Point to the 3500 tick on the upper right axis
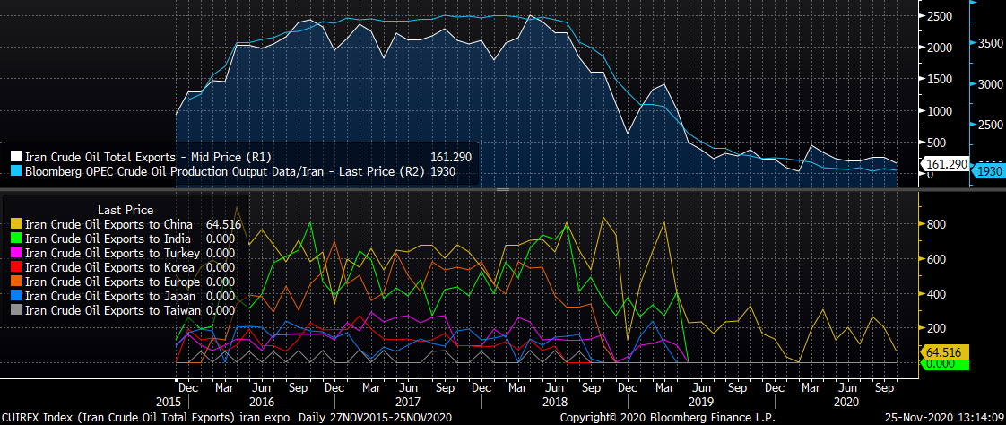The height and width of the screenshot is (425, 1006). point(991,43)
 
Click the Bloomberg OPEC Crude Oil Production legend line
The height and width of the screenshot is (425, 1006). point(224,170)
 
